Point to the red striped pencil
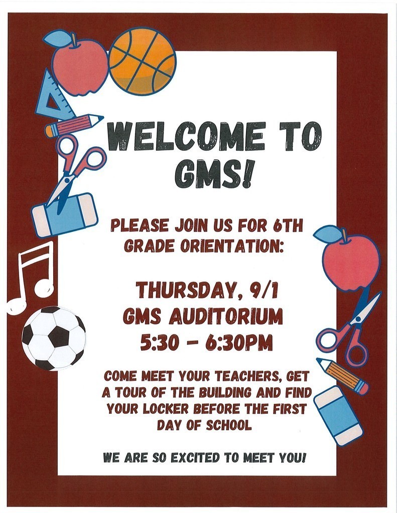tap(74, 125)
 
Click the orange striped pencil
tap(342, 376)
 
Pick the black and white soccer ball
tap(54, 338)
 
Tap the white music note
tap(31, 278)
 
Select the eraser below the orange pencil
tap(338, 415)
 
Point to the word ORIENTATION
tap(231, 246)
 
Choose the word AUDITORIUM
tap(225, 317)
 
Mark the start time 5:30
tap(160, 343)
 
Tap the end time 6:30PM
tap(239, 343)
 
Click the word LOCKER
tap(165, 408)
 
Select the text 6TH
tap(288, 226)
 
